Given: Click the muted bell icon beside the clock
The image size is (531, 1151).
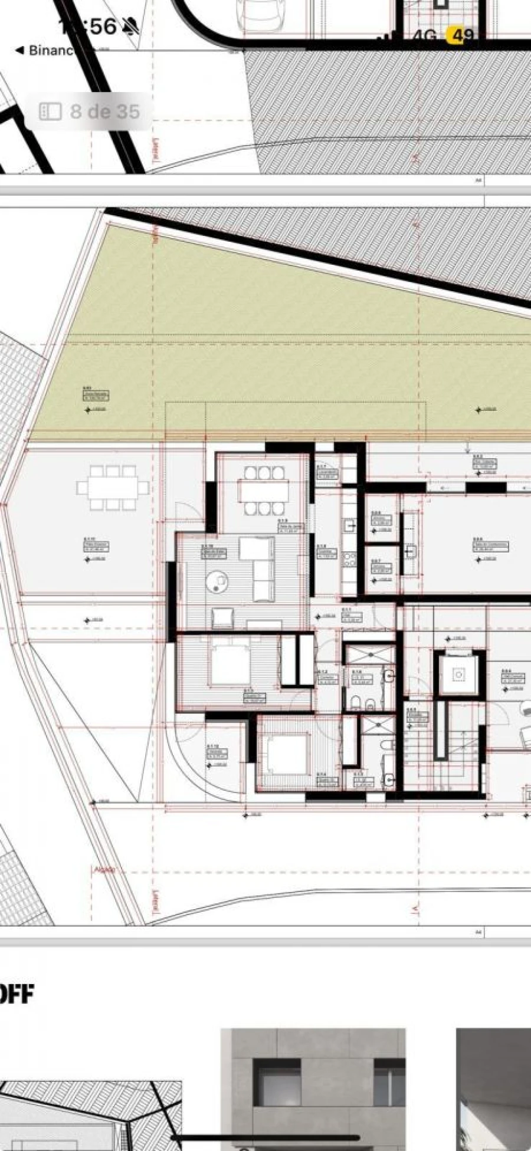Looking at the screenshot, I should point(130,26).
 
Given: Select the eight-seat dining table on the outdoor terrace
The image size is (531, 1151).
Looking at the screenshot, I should point(113,488).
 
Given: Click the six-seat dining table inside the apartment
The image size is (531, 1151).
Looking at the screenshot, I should point(264,491).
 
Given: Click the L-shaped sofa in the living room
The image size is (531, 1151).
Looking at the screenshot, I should point(260,563).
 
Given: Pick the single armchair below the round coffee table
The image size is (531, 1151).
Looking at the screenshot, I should point(222,618).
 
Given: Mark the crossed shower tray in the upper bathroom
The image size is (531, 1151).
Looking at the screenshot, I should point(369,655).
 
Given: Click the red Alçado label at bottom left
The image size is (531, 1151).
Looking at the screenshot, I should point(104,870).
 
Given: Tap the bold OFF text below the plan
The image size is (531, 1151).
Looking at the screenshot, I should point(17,994).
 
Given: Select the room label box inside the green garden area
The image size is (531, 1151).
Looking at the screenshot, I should point(96,395).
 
